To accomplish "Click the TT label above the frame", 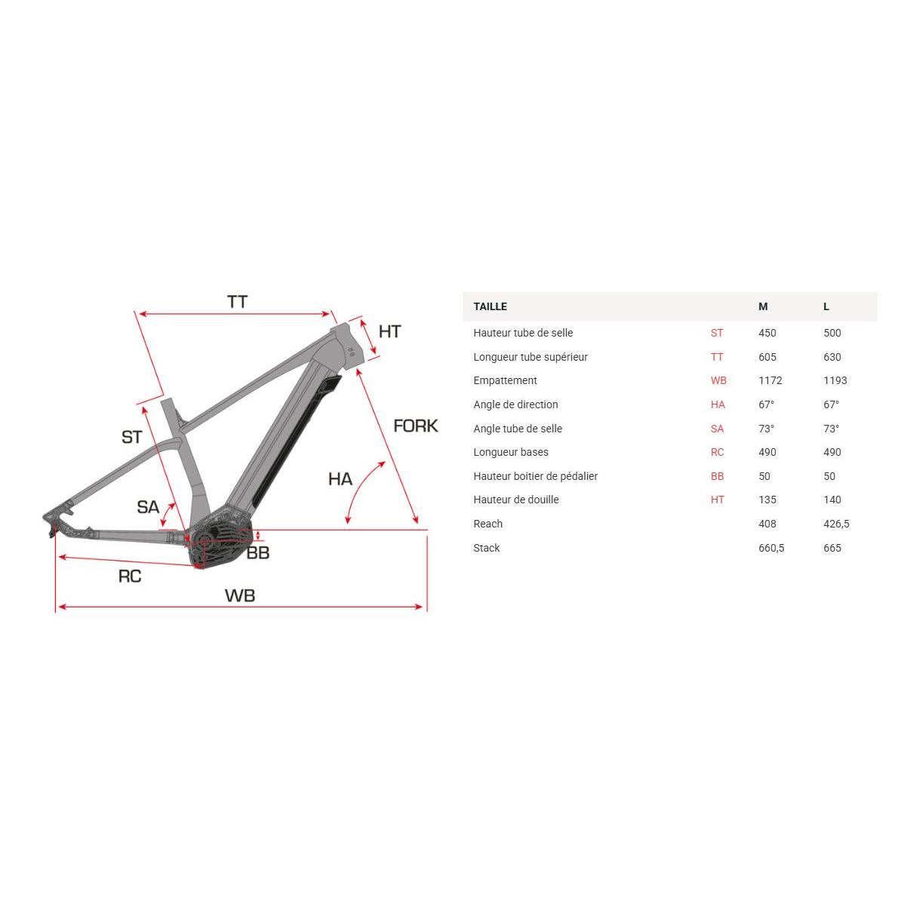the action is point(237,302).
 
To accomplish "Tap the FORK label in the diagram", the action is point(416,426).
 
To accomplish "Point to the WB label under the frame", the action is point(240,595).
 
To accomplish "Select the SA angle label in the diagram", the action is point(148,507).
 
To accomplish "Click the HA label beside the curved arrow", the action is point(340,478).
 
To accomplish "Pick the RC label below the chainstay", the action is point(130,576).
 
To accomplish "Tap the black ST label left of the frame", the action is point(132,438).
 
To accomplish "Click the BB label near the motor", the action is point(258,553).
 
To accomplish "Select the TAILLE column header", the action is point(491,306).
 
